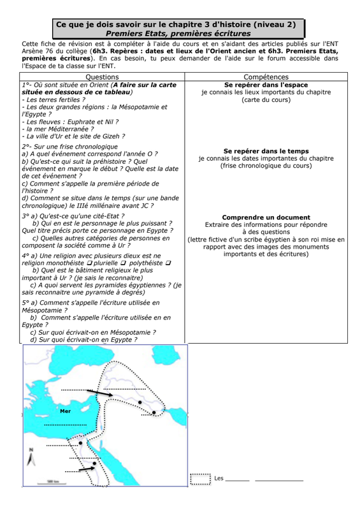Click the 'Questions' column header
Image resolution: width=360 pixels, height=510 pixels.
point(102,77)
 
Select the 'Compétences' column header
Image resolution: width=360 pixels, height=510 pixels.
point(266,77)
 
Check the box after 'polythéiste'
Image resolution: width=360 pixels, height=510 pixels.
point(168,263)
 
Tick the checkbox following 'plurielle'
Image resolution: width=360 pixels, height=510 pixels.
point(123,263)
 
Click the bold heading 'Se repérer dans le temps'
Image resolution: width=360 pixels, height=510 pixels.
point(266,151)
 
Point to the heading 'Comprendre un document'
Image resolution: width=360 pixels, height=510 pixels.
point(266,217)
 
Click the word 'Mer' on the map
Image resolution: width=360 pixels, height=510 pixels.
point(66,411)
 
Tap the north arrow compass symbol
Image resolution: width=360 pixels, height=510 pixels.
point(31,457)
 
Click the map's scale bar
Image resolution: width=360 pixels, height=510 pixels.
point(52,483)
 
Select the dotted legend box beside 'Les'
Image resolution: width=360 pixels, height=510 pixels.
point(200,479)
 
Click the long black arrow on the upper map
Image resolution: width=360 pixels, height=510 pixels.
point(99,393)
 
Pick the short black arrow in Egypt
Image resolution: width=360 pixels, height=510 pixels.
point(87,469)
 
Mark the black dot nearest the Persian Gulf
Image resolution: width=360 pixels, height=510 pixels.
point(154,412)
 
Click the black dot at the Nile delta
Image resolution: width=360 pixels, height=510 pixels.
point(80,443)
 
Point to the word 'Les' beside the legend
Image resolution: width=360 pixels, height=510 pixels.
point(219,479)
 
